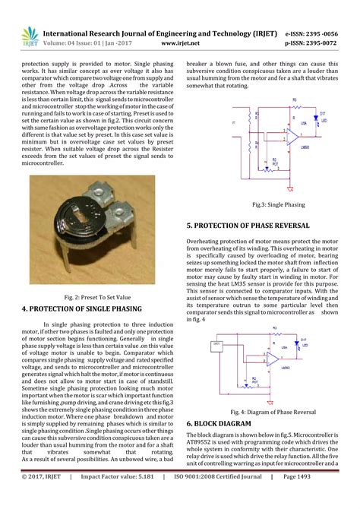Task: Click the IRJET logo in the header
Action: (x=27, y=37)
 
